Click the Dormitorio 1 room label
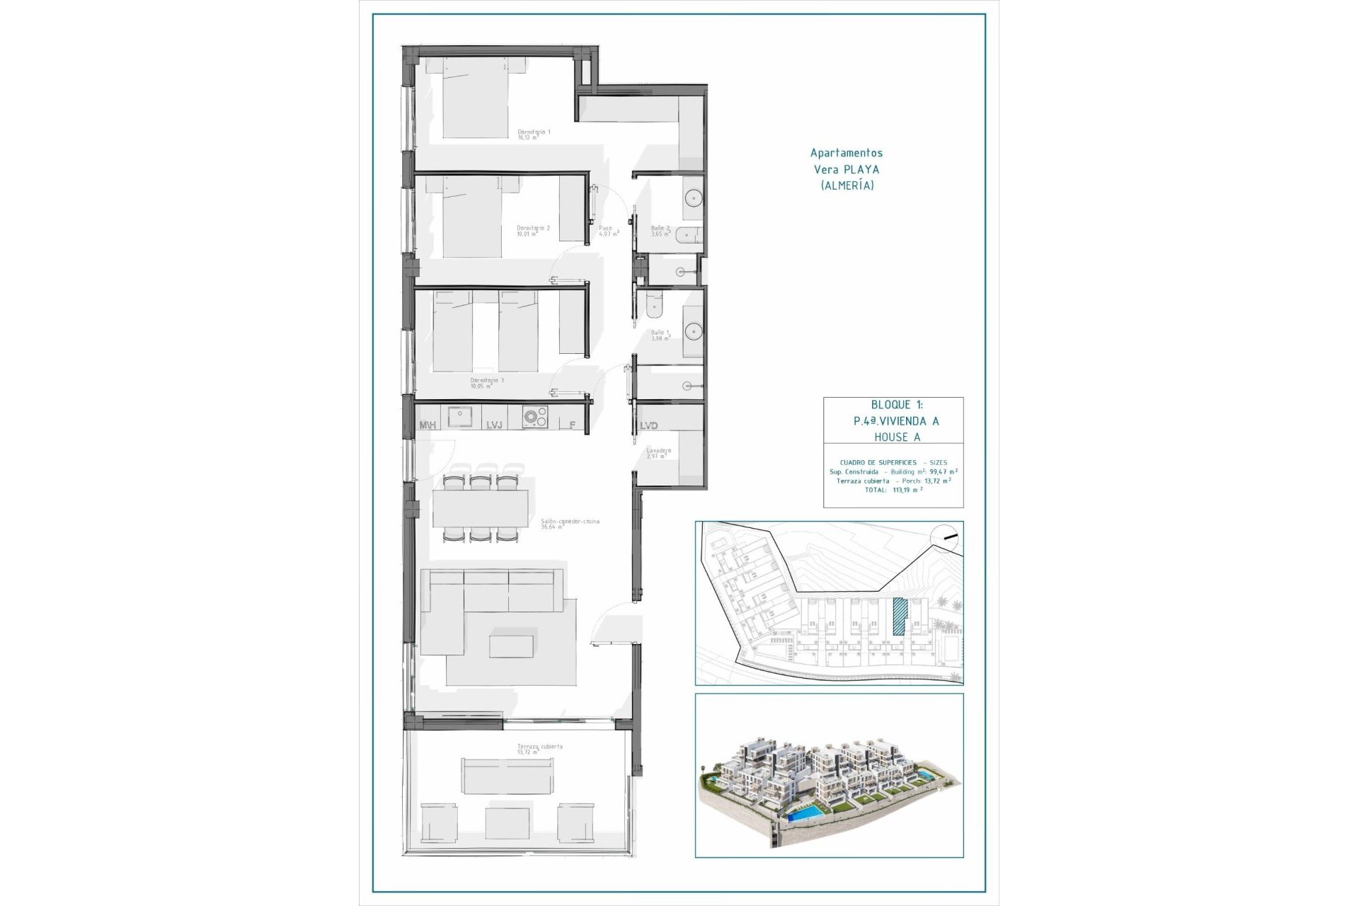click(534, 132)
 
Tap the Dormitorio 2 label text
click(533, 229)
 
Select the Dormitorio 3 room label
click(487, 381)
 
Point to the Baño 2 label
click(660, 229)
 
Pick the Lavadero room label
click(658, 451)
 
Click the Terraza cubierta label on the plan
click(540, 747)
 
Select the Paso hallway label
click(605, 229)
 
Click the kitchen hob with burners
click(535, 419)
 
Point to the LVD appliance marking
click(648, 426)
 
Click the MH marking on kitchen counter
click(428, 425)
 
